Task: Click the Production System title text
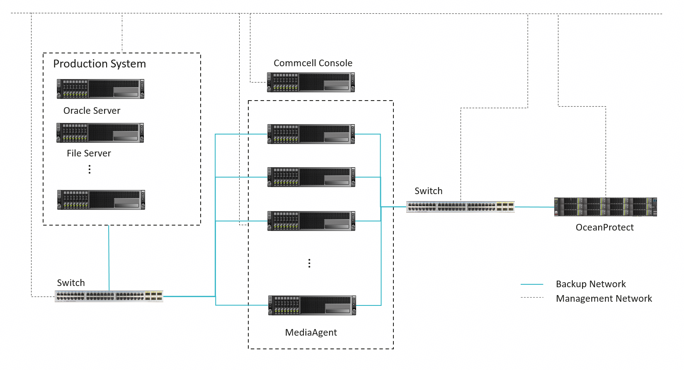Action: point(99,64)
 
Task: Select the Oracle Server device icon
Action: point(100,89)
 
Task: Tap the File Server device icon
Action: point(100,132)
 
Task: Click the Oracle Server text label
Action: point(92,111)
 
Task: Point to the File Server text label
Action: point(89,153)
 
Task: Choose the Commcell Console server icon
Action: point(311,82)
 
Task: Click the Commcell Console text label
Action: point(313,63)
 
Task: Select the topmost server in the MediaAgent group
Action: point(311,134)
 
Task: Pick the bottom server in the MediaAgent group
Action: point(312,305)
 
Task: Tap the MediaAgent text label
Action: point(311,332)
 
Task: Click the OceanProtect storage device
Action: point(606,207)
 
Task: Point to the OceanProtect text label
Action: point(604,227)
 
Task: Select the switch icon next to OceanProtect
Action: point(461,207)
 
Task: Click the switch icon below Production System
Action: point(109,296)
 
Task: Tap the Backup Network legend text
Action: point(591,284)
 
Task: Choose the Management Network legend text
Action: point(604,298)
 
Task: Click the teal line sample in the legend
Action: point(532,284)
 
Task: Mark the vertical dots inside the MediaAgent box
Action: point(309,263)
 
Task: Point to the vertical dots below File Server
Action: point(90,169)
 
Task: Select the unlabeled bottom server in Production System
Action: point(101,199)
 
